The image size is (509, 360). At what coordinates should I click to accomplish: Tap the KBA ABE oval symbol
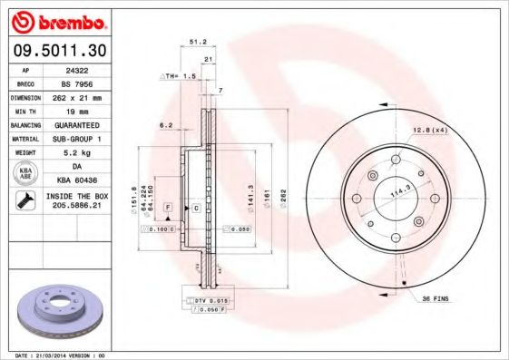[26, 175]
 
